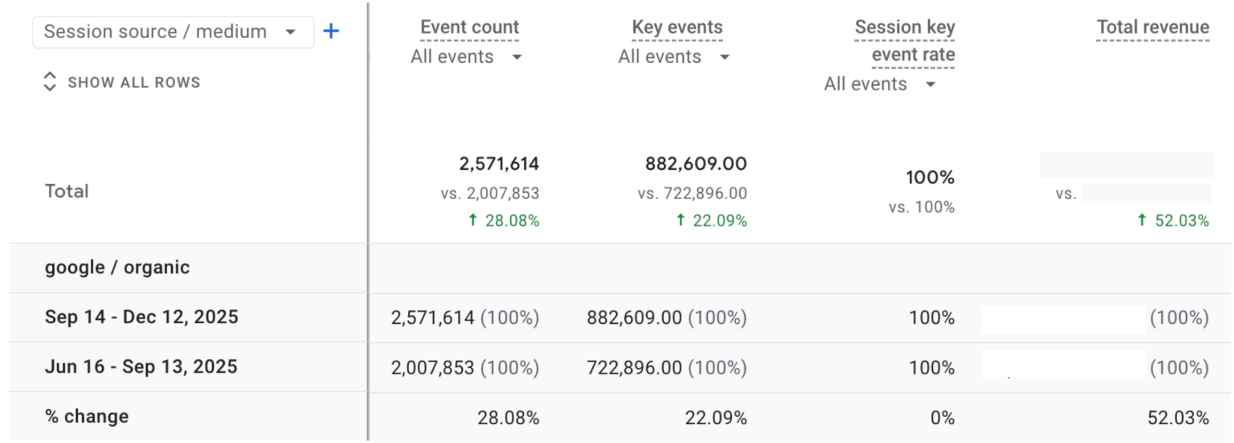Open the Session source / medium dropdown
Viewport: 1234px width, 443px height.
tap(172, 32)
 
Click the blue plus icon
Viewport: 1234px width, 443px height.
tap(331, 31)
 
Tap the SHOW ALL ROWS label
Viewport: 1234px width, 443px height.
tap(133, 82)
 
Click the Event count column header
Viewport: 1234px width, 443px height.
tap(469, 27)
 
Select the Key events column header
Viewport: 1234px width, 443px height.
tap(677, 27)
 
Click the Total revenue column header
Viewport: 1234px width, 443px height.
tap(1152, 27)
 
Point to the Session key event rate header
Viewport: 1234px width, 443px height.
tap(904, 40)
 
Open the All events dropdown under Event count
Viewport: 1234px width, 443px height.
tap(466, 57)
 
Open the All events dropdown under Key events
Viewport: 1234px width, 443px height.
tap(673, 57)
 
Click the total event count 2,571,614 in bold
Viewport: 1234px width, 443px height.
tap(499, 164)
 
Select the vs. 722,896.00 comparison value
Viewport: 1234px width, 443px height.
tap(692, 193)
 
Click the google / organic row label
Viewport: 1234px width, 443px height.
tap(117, 267)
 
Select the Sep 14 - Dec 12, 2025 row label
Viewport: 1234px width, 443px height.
tap(142, 317)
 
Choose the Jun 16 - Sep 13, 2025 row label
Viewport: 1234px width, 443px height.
tap(141, 367)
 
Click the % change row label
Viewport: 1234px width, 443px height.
tap(87, 417)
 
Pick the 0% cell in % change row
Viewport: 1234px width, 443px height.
tap(942, 418)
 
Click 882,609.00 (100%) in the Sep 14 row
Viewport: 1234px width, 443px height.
tap(666, 318)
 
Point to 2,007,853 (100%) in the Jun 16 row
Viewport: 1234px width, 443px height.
tap(465, 368)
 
